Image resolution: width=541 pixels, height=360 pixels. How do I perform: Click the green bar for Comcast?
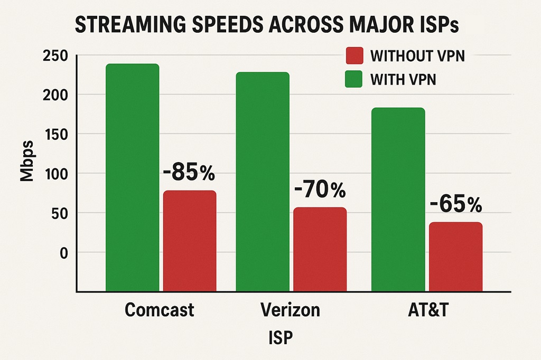pos(132,177)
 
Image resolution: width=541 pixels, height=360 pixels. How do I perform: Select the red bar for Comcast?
pos(190,241)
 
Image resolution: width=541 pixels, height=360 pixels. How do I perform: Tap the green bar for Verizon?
pos(263,182)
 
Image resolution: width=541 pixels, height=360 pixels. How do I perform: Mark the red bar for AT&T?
pos(455,257)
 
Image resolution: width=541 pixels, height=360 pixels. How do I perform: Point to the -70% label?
pos(319,191)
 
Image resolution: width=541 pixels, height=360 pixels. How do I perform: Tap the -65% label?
pos(455,205)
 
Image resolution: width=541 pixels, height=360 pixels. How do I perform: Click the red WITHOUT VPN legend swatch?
pos(353,55)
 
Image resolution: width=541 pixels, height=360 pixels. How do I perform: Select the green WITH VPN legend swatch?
pos(353,80)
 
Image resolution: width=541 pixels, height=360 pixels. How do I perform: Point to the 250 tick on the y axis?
pos(55,56)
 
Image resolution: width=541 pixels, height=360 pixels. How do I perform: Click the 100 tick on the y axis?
pos(55,174)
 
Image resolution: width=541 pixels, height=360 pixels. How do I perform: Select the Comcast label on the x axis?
pos(160,309)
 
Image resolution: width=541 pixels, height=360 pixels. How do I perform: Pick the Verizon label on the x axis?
pos(291,309)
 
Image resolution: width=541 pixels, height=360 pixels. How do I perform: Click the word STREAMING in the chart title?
pos(120,26)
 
